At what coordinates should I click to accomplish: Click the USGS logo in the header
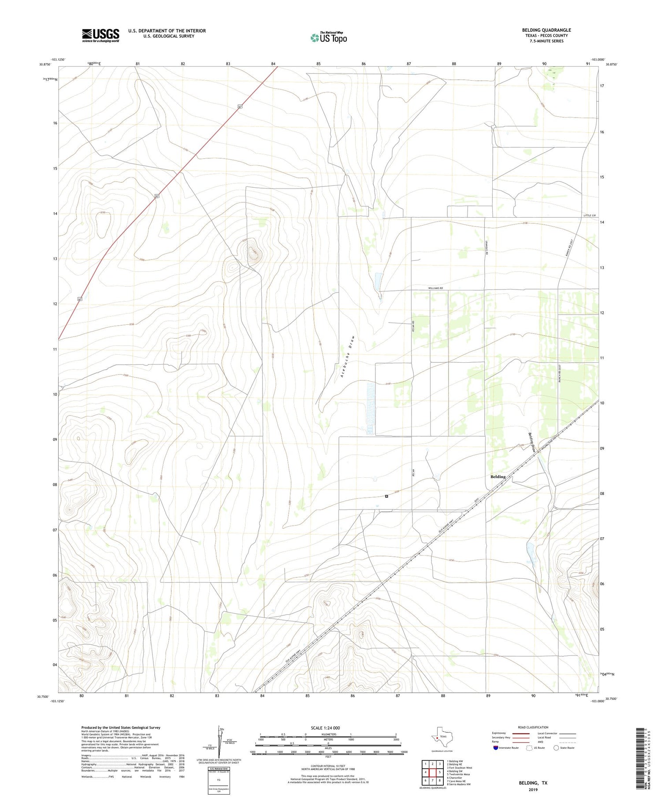100,35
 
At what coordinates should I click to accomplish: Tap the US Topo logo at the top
328,38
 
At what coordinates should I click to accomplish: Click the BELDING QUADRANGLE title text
546,30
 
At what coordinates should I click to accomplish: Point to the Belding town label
498,477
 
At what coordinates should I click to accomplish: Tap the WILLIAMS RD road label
435,288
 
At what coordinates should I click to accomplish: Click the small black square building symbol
386,496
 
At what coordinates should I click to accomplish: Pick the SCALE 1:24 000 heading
328,728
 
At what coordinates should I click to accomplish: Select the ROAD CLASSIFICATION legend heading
533,727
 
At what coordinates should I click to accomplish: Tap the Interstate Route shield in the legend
496,748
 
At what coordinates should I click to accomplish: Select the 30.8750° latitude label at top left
45,64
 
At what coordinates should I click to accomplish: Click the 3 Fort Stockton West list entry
459,768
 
